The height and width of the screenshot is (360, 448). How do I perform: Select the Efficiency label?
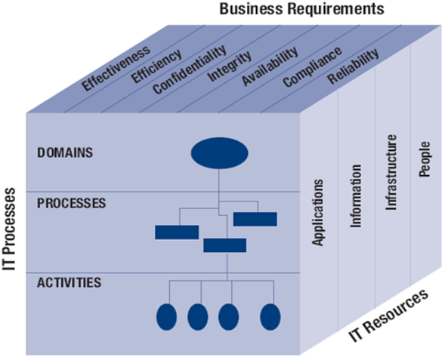point(156,66)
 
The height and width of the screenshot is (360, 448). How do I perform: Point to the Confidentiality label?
point(189,70)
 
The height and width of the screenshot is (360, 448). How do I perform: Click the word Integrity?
point(224,66)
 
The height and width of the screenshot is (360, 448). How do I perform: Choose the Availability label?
point(264,69)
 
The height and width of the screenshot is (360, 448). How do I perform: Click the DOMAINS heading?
point(65,152)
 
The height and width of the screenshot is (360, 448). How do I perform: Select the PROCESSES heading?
point(71,203)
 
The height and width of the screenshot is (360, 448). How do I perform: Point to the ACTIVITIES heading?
point(69,282)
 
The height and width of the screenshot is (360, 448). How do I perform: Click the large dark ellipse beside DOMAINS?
point(219,152)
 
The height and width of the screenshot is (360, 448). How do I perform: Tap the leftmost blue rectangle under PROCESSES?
point(177,232)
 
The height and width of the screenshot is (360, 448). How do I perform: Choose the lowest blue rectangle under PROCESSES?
point(224,245)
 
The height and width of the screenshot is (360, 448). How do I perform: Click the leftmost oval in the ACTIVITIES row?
point(167,316)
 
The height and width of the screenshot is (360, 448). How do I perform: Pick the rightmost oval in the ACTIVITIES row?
point(270,316)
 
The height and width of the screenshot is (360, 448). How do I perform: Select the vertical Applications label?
point(319,212)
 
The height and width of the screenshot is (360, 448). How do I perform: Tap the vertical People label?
point(424,158)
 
